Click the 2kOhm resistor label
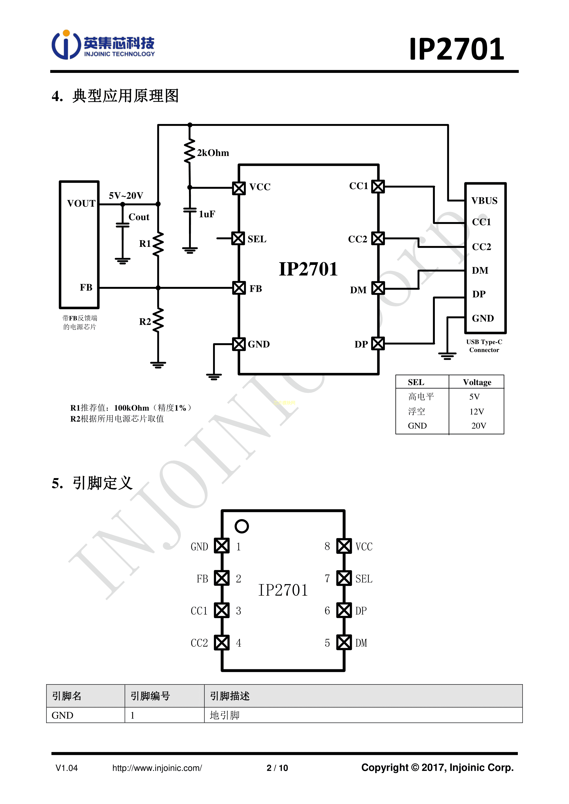click(x=213, y=153)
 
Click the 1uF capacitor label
click(x=207, y=214)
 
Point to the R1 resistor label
click(x=145, y=244)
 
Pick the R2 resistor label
click(x=145, y=322)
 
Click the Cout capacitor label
click(x=139, y=217)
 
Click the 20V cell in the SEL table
click(x=479, y=426)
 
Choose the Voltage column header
click(x=477, y=382)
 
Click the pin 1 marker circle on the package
click(x=242, y=526)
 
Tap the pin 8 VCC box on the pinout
click(x=344, y=546)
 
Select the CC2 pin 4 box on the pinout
click(x=222, y=643)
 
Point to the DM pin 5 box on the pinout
click(x=344, y=643)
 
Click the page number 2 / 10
click(x=277, y=768)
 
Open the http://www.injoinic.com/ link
click(x=157, y=768)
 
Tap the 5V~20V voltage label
click(x=126, y=196)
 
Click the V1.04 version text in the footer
click(x=67, y=768)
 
